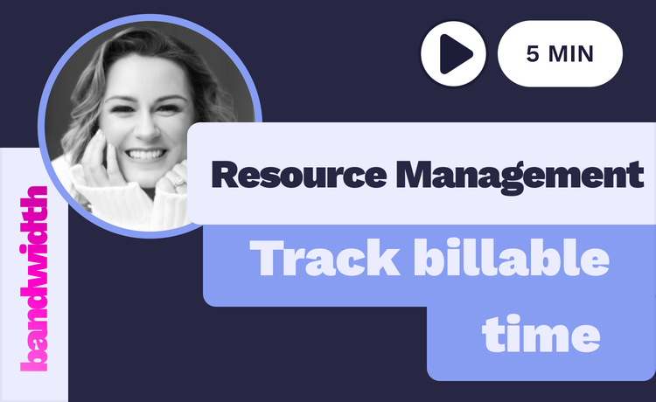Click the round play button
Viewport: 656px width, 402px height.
453,54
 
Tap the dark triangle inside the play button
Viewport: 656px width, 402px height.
455,54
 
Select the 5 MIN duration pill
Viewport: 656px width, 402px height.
560,54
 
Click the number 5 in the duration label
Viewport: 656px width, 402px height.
533,54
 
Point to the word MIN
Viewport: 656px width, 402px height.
570,54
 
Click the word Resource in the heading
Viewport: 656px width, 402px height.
299,175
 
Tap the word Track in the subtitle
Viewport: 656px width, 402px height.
325,258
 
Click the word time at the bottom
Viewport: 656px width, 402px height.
541,334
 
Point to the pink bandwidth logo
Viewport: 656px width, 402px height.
34,279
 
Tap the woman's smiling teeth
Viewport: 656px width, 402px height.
145,154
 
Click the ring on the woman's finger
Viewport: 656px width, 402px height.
179,183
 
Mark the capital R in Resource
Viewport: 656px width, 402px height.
226,175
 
